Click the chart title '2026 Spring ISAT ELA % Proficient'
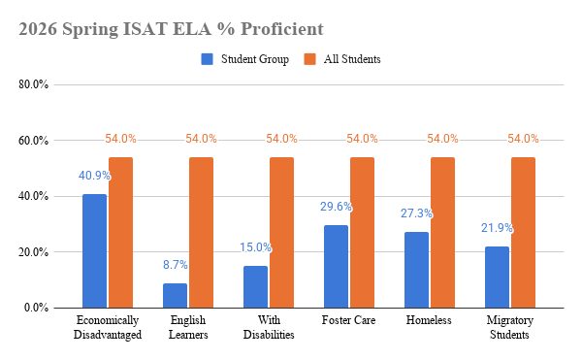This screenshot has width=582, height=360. click(171, 29)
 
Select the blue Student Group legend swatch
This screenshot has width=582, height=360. click(208, 59)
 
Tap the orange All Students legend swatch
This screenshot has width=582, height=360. click(310, 59)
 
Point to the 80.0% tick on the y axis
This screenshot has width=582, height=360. click(33, 84)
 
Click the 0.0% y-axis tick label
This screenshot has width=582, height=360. click(37, 308)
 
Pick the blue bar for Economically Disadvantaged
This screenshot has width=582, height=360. click(95, 251)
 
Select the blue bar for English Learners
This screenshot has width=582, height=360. click(176, 296)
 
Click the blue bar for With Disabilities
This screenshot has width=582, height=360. click(256, 287)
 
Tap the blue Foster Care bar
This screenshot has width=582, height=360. click(337, 267)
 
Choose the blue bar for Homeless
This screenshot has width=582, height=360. click(417, 270)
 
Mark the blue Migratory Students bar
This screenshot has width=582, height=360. click(498, 278)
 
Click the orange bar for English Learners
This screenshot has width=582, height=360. click(202, 232)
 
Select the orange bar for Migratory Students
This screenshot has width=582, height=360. click(524, 232)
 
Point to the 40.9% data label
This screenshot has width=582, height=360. click(95, 176)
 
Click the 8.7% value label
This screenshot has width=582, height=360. click(176, 265)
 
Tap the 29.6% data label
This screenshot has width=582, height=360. click(337, 207)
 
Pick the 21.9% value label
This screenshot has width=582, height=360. click(498, 228)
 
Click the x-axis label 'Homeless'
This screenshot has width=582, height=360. click(429, 320)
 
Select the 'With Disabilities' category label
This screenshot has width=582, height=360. click(269, 327)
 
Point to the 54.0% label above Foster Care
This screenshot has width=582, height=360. click(362, 139)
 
